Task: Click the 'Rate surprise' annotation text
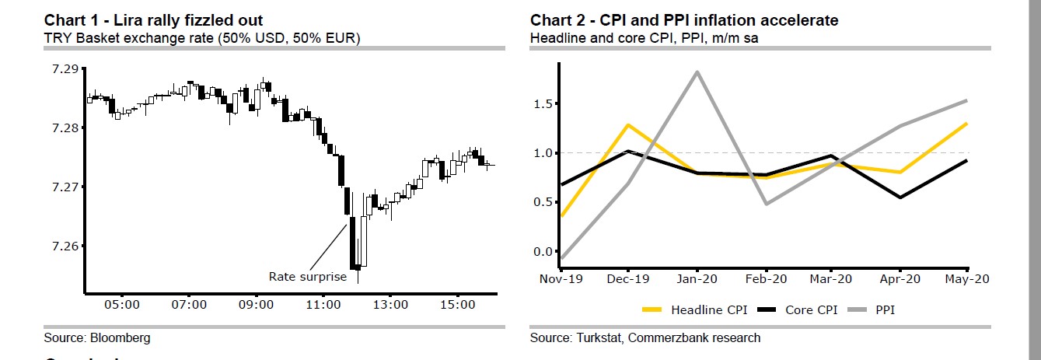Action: coord(307,276)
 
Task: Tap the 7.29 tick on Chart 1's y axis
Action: coord(65,69)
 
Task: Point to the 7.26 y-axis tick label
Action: coord(65,246)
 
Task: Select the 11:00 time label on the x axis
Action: coord(323,304)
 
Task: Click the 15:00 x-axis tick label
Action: coord(457,304)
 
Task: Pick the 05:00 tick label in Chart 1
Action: coord(123,304)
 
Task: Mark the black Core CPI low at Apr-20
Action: coord(900,197)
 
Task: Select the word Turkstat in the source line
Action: coord(599,337)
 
